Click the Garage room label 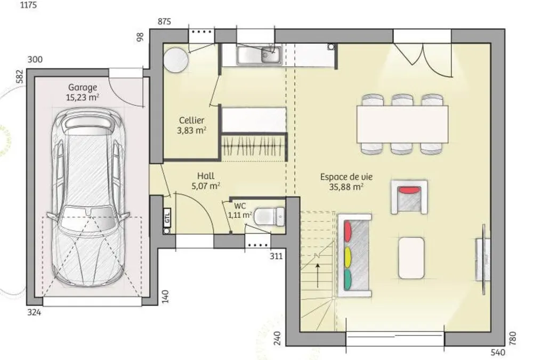click(83, 88)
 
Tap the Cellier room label click(192, 120)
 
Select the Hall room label click(206, 176)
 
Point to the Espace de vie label click(346, 177)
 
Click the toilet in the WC click(269, 217)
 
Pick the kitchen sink click(260, 55)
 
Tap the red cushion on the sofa click(348, 231)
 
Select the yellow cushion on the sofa click(348, 257)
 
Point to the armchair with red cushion click(409, 197)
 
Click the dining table click(402, 124)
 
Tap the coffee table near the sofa click(411, 258)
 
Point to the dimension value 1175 click(29, 5)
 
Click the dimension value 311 click(276, 256)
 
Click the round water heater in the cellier click(176, 60)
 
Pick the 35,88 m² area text click(346, 187)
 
